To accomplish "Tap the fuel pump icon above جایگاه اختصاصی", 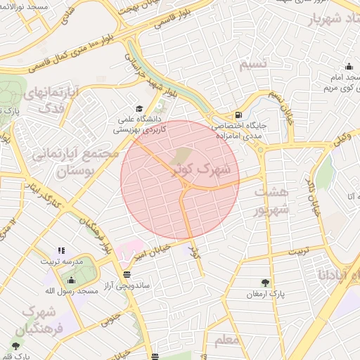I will click(x=239, y=115).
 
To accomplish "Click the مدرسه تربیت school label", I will click(x=62, y=262).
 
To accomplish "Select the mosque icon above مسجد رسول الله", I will click(x=67, y=278).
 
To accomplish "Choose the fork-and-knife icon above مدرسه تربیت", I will click(x=61, y=250).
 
